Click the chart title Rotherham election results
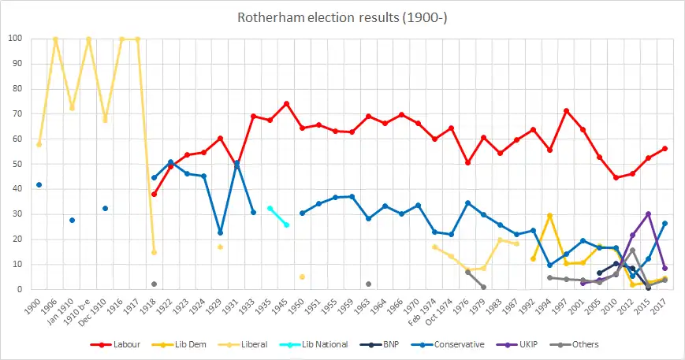342,17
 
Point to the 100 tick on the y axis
16,39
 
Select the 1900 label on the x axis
34,303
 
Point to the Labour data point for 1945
286,103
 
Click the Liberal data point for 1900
39,144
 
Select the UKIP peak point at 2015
648,213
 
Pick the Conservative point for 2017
665,223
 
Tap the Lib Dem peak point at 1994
549,215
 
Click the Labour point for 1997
566,110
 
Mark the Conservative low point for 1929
220,232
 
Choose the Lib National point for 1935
270,208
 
